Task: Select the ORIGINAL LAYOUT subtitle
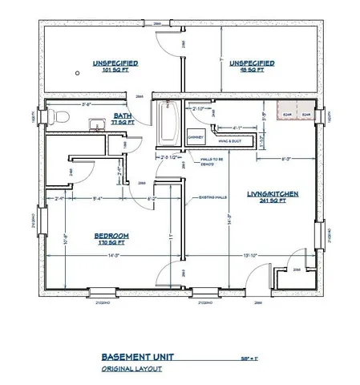133,369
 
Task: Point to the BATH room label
123,118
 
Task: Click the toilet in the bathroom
55,118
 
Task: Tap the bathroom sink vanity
95,124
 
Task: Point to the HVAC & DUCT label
229,141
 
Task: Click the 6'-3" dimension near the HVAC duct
287,159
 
